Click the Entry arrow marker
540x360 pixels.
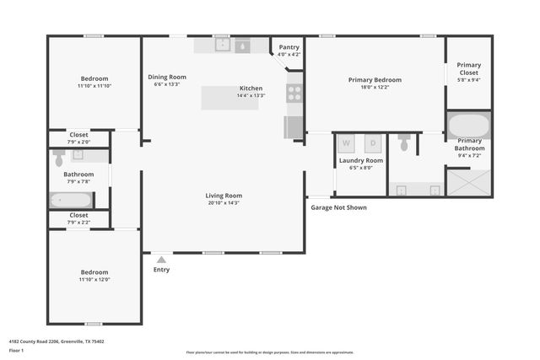161,260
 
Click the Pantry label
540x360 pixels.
288,48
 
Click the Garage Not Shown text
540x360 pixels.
338,207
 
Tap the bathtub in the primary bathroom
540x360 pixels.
468,126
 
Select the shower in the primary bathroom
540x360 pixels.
468,182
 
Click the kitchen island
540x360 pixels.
229,98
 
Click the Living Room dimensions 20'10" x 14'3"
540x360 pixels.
224,203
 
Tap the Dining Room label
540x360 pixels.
166,77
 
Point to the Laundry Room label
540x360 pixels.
361,160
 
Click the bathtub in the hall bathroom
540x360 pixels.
71,200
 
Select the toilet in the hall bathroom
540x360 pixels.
60,158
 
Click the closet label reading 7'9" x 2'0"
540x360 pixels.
78,142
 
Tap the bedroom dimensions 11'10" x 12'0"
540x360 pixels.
94,280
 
